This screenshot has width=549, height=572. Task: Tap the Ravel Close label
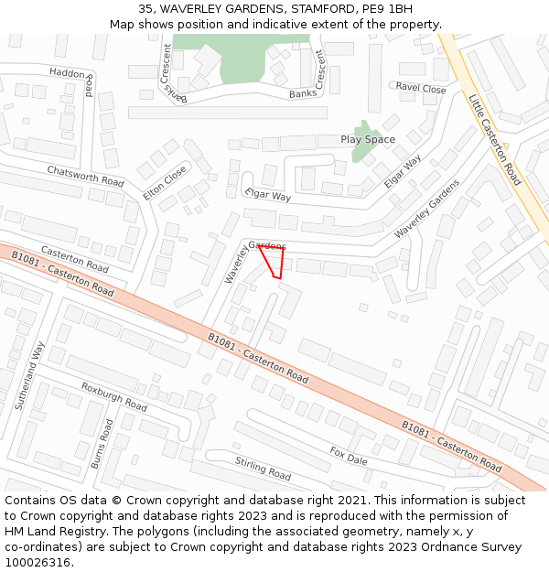pyautogui.click(x=421, y=89)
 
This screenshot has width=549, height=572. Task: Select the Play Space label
pyautogui.click(x=368, y=140)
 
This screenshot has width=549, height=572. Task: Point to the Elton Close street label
pyautogui.click(x=165, y=183)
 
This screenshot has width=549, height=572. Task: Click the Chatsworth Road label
pyautogui.click(x=85, y=176)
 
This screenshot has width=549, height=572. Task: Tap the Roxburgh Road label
pyautogui.click(x=113, y=396)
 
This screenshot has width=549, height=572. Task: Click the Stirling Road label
pyautogui.click(x=263, y=468)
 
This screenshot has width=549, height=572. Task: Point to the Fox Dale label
pyautogui.click(x=349, y=455)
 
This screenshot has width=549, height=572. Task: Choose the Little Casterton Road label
pyautogui.click(x=494, y=139)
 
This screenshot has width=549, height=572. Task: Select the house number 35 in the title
pyautogui.click(x=146, y=9)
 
